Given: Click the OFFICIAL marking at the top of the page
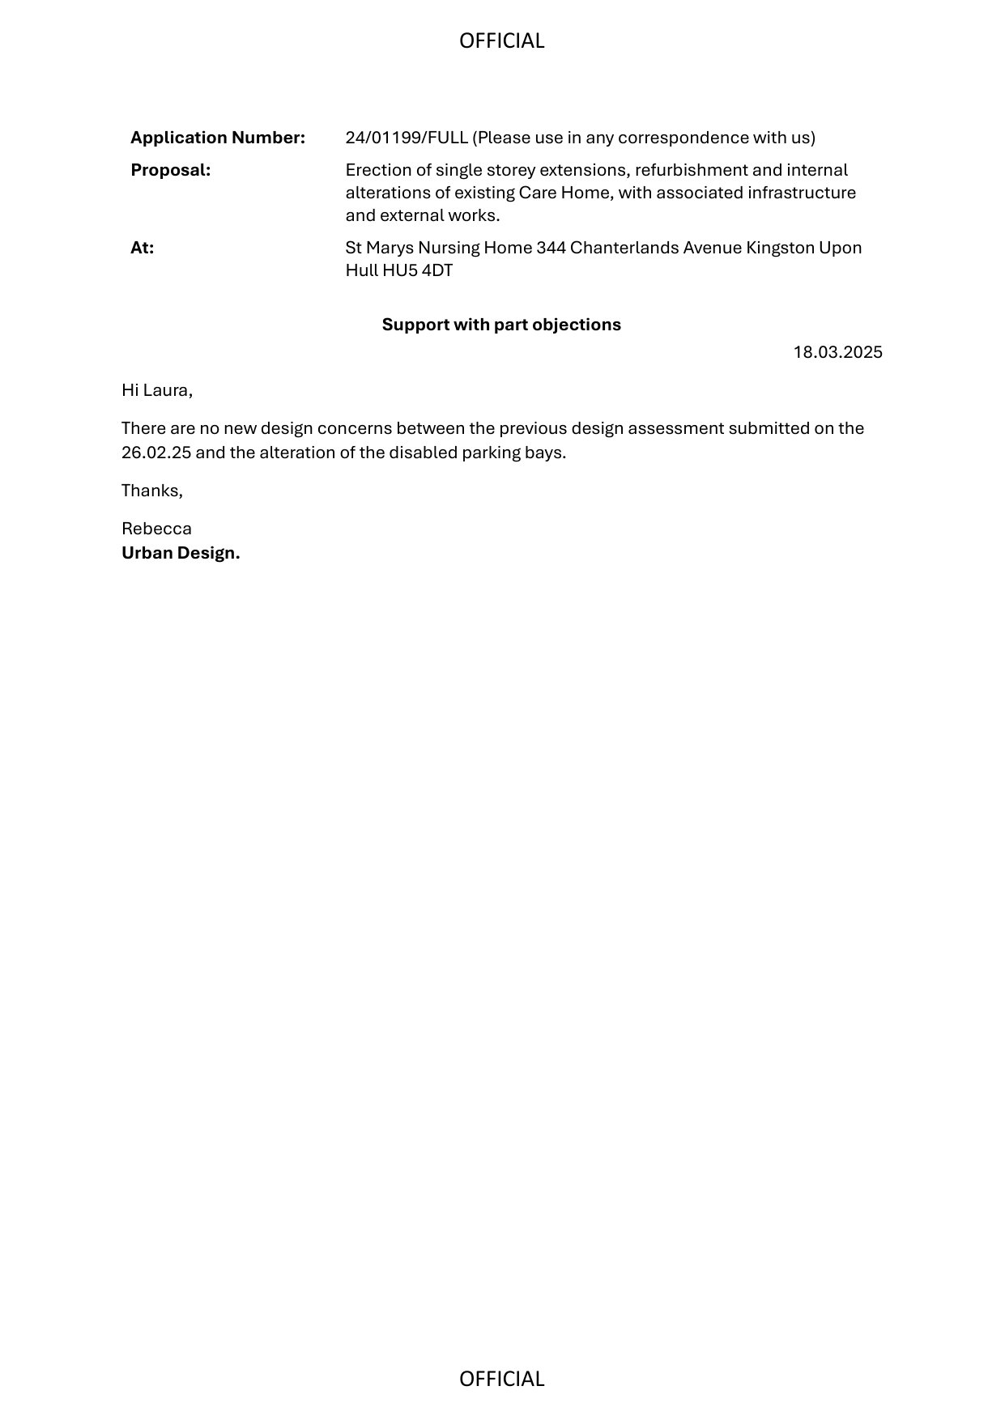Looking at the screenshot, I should (501, 41).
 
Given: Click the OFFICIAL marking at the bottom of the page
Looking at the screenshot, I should (501, 1379).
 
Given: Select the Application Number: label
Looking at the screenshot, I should (218, 138).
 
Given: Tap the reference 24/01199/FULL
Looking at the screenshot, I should (407, 138).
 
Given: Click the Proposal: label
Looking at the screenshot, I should (170, 170).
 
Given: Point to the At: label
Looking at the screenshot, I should (142, 248).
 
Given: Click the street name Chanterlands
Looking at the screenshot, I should (624, 248).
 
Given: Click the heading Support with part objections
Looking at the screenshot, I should (501, 325).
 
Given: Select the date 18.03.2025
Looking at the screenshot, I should (837, 352).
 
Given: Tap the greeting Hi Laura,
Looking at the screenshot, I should (157, 390).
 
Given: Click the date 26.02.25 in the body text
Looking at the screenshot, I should (156, 453).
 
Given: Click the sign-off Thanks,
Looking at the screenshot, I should (152, 491).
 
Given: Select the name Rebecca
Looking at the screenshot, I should (156, 529).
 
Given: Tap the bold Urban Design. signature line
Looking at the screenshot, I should (181, 553).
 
